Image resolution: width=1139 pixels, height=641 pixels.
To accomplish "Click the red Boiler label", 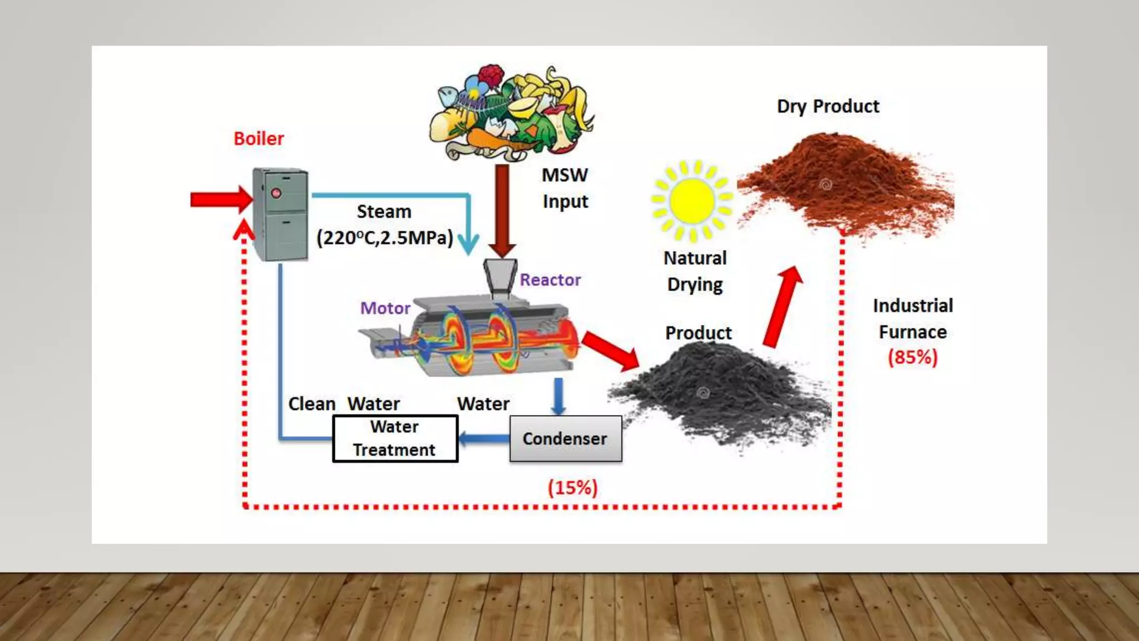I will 259,139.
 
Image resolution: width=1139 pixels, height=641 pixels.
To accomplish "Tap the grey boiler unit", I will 280,214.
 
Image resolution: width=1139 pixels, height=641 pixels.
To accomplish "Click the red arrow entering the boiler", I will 220,199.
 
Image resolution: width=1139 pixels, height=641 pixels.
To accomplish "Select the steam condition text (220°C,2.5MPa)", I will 385,238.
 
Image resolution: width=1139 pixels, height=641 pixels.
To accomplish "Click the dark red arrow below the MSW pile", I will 502,209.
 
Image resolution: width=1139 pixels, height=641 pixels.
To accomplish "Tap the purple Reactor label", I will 550,280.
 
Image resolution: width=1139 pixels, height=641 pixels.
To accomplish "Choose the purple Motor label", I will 385,308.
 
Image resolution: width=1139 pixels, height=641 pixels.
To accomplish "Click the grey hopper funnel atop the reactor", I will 499,276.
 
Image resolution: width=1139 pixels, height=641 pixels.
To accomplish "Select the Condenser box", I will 565,438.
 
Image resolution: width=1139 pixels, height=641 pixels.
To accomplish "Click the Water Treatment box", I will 395,438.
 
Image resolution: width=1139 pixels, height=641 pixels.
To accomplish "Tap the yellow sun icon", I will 692,201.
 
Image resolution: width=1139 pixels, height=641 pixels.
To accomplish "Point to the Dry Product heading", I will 828,106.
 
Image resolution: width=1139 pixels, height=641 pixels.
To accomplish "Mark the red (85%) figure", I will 913,357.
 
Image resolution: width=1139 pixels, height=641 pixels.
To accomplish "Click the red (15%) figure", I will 572,488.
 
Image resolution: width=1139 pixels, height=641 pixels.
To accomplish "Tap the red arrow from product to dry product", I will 783,306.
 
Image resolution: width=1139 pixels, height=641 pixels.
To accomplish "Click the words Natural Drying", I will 695,271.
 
